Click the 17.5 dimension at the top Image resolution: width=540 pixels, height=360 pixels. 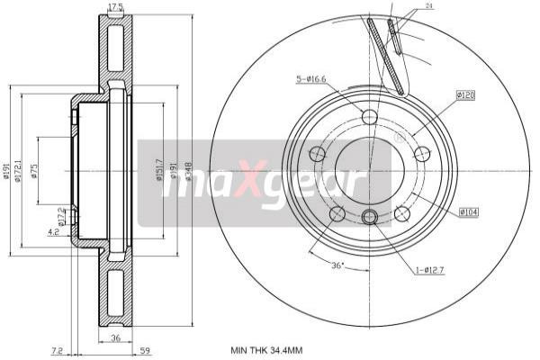(x=115, y=8)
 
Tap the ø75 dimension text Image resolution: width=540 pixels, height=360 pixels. (x=35, y=173)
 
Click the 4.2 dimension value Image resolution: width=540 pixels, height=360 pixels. (x=55, y=231)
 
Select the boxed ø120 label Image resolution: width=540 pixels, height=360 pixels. (x=466, y=94)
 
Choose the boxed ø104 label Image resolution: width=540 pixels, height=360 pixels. (x=467, y=211)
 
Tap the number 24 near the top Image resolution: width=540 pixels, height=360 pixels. (x=429, y=6)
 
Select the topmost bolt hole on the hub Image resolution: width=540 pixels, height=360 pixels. (x=369, y=116)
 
